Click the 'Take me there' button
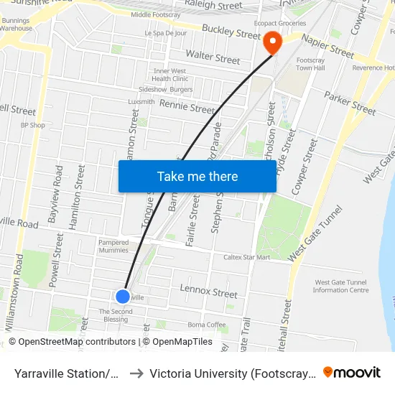[x=197, y=176]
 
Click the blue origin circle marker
[x=123, y=296]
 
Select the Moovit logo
[x=351, y=372]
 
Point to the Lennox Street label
[x=208, y=293]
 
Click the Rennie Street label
[x=187, y=107]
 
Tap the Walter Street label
[x=213, y=57]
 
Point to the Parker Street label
[x=350, y=103]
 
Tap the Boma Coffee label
[x=206, y=325]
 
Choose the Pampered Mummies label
[x=113, y=246]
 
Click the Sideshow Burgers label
[x=166, y=90]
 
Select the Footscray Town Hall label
[x=311, y=64]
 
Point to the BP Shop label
[x=32, y=125]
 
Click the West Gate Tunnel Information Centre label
[x=341, y=286]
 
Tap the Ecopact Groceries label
[x=301, y=22]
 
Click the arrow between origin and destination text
[x=136, y=373]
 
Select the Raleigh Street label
[x=214, y=5]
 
